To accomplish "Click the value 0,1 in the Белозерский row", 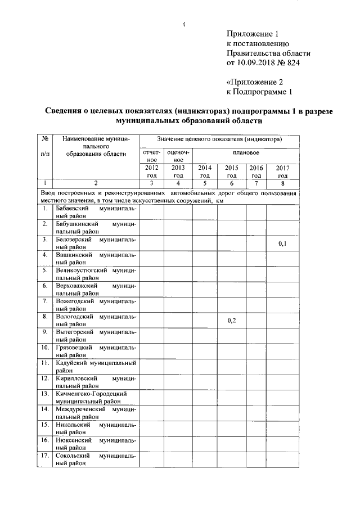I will tap(282, 244).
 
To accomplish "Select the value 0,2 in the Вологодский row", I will tap(232, 320).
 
